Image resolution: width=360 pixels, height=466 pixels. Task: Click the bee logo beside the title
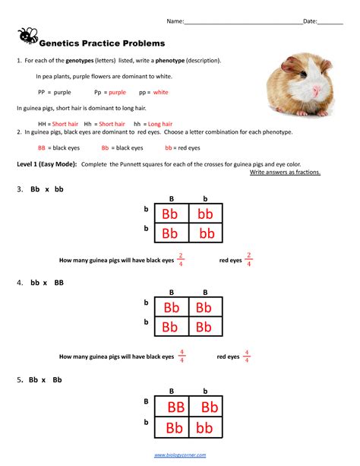click(x=28, y=35)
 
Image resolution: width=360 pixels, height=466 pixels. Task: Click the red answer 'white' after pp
click(x=160, y=93)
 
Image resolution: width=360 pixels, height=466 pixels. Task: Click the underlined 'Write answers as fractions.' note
click(x=285, y=173)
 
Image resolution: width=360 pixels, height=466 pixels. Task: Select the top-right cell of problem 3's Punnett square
click(x=205, y=214)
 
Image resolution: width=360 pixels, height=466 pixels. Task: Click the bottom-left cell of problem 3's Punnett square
click(x=170, y=233)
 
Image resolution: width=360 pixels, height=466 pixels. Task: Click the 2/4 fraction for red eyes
click(x=249, y=259)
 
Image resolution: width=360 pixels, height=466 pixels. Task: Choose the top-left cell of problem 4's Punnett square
click(x=170, y=308)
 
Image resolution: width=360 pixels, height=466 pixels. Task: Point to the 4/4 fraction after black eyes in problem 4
click(x=182, y=355)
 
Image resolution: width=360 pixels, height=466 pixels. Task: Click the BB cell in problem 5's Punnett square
click(x=175, y=407)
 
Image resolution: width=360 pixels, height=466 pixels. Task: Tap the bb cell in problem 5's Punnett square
click(x=205, y=426)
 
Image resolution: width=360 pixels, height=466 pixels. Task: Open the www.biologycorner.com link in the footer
click(x=179, y=455)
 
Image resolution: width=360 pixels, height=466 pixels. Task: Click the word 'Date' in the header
click(x=310, y=22)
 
